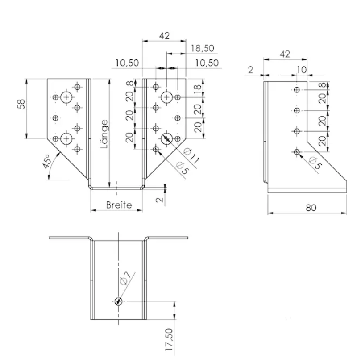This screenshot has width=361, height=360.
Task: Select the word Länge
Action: pyautogui.click(x=104, y=134)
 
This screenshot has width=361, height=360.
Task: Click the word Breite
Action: pyautogui.click(x=120, y=205)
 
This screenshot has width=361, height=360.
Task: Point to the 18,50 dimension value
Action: pyautogui.click(x=203, y=48)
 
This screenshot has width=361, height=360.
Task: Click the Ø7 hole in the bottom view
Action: pyautogui.click(x=118, y=301)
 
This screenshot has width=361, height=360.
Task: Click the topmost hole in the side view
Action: pyautogui.click(x=297, y=90)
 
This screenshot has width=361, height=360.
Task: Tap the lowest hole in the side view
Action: pyautogui.click(x=297, y=152)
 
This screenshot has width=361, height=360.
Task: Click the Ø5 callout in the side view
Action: pyautogui.click(x=314, y=163)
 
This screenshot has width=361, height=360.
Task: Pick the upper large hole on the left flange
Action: pyautogui.click(x=66, y=97)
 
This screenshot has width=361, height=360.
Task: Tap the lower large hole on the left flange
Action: pyautogui.click(x=66, y=138)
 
